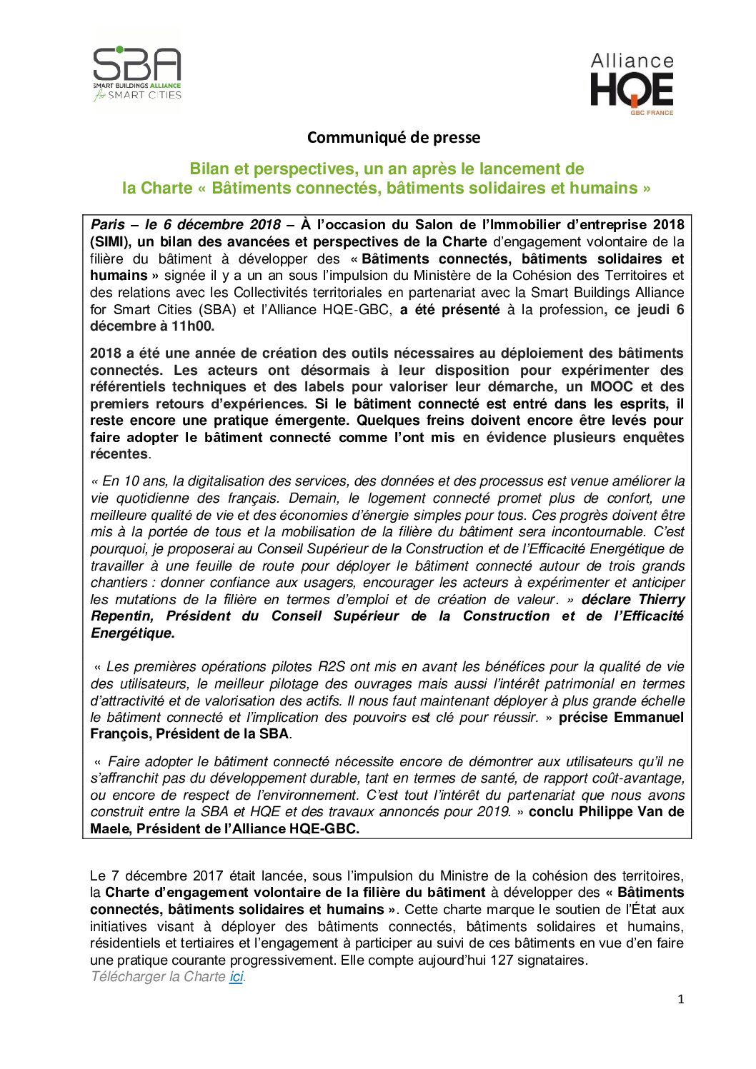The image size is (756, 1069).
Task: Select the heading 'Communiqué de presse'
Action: coord(393,137)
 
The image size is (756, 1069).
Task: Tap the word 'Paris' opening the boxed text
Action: coord(107,225)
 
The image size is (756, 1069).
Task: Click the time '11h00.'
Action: coord(192,326)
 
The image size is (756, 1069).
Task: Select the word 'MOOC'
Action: coord(612,387)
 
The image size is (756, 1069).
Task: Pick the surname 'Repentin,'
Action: coord(121,616)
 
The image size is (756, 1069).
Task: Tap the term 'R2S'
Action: coord(331,667)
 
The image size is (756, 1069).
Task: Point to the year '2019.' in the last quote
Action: coord(494,812)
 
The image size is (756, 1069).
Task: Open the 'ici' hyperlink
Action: coord(236,977)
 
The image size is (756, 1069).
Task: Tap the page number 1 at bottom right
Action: coord(680,1000)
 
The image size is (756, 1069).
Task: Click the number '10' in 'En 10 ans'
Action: coord(131,482)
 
